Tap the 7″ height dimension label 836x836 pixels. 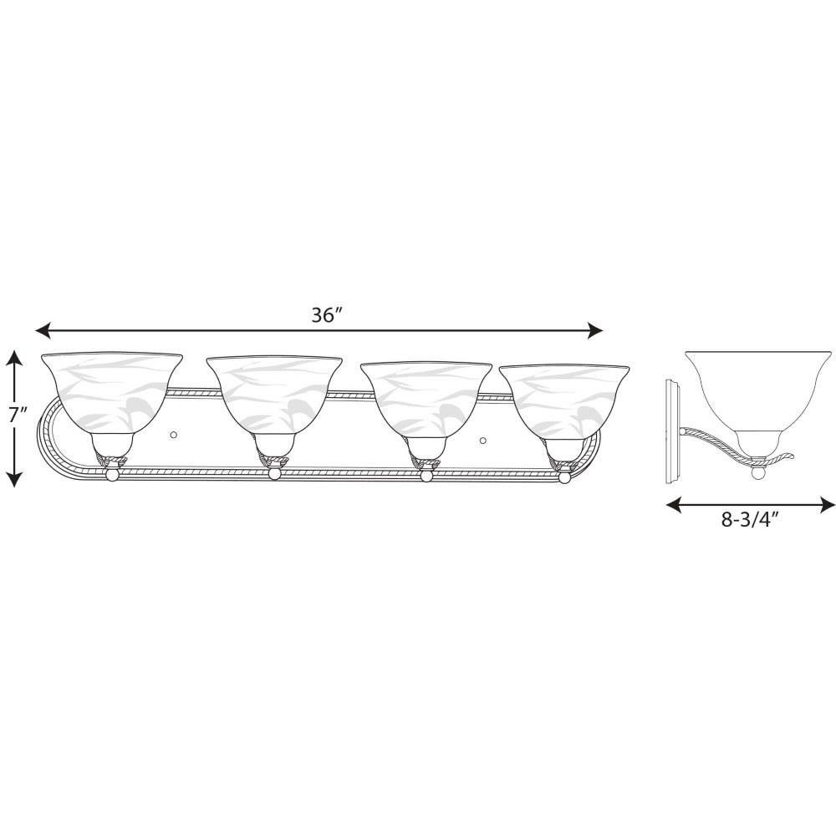[17, 415]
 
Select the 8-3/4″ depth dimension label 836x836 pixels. [751, 519]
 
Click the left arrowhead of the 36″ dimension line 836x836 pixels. [43, 330]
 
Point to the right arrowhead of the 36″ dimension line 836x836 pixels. [595, 330]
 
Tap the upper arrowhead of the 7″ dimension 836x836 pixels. [15, 358]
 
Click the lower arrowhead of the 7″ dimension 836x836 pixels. [15, 479]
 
